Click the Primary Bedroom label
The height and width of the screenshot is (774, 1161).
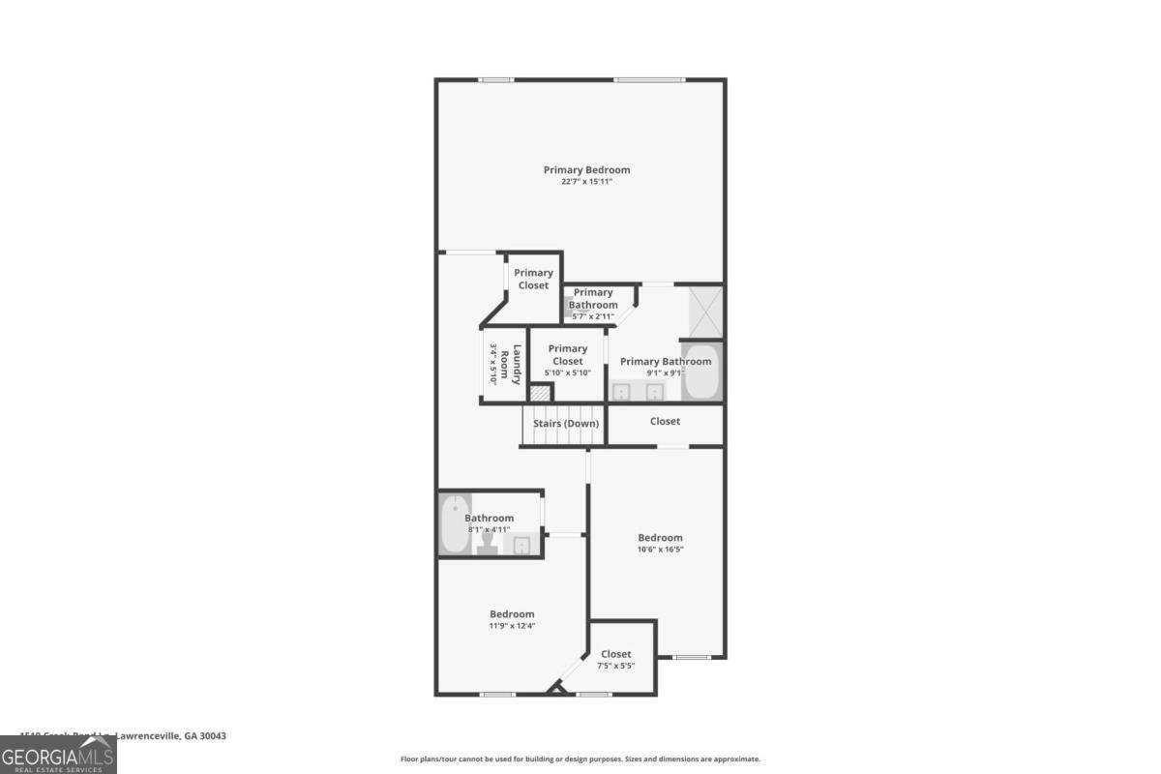[586, 170]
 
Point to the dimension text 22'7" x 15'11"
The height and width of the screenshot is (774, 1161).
[586, 182]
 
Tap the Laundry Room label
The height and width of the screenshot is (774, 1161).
[518, 365]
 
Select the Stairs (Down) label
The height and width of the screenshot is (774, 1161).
[566, 423]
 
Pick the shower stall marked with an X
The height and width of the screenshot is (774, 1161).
[705, 309]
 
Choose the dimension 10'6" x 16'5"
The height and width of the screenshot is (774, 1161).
[660, 550]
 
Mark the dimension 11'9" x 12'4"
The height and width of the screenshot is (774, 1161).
[512, 626]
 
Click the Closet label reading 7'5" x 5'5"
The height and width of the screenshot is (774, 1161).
[616, 655]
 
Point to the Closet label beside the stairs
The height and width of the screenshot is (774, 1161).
[665, 421]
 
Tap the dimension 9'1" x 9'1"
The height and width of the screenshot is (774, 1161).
[666, 373]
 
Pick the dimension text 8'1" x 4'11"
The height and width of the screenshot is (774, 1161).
[489, 529]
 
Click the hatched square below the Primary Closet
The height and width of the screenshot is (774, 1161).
[540, 394]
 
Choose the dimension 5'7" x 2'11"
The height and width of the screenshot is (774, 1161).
[592, 316]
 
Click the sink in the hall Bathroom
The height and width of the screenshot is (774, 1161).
[521, 546]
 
